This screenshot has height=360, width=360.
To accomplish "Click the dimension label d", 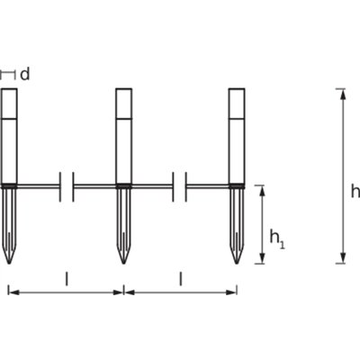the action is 25,74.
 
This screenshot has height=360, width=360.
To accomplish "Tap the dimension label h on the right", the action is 355,192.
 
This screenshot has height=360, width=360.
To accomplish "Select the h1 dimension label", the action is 277,238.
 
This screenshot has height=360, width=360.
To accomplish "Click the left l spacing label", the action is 67,279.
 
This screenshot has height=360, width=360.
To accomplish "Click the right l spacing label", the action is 181,279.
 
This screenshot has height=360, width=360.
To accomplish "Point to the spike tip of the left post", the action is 9,264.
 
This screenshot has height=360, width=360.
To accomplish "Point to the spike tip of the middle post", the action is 123,264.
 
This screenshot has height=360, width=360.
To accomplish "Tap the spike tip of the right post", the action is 237,264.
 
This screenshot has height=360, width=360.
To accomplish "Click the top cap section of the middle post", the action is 123,103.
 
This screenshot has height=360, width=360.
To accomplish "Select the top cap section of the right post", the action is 237,103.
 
